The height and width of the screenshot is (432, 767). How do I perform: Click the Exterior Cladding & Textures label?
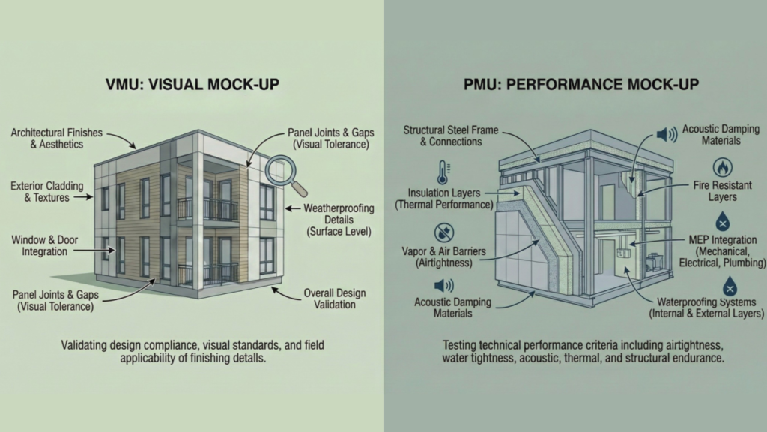tap(49, 191)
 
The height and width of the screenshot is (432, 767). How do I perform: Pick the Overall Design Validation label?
tap(329, 299)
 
